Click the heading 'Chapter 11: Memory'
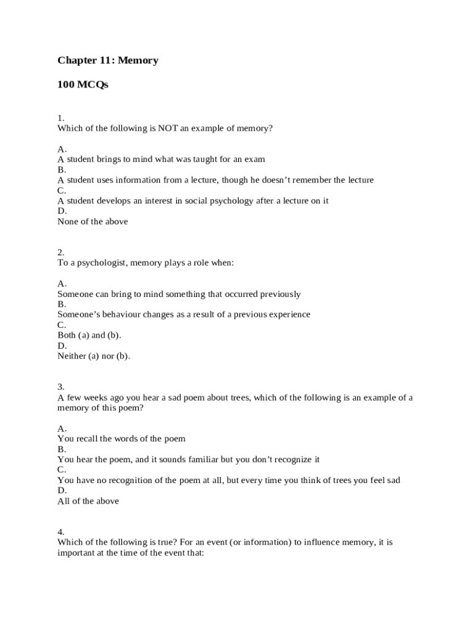(x=108, y=60)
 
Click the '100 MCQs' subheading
(x=83, y=85)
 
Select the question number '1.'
(x=61, y=118)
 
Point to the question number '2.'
(x=61, y=252)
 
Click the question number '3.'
(x=61, y=387)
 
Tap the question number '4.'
(x=61, y=532)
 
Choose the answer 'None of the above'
(x=93, y=221)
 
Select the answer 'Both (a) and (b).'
(x=89, y=335)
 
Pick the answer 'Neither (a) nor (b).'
(x=94, y=356)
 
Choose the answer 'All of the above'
(x=88, y=501)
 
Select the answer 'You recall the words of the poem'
(x=122, y=439)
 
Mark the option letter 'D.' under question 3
(x=62, y=491)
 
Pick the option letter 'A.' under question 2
(x=62, y=283)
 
